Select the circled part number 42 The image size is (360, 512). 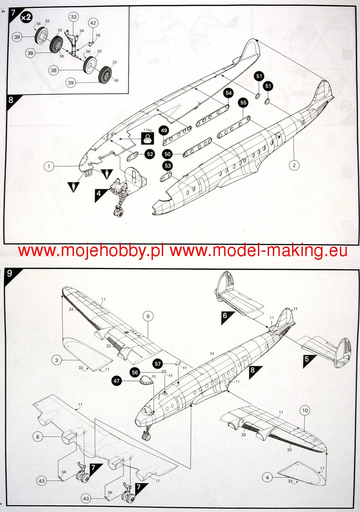pyautogui.click(x=93, y=23)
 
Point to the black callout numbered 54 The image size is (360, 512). pyautogui.click(x=228, y=93)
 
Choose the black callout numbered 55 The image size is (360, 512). pyautogui.click(x=243, y=103)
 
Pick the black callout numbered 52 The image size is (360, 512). pyautogui.click(x=149, y=154)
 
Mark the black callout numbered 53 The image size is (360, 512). pyautogui.click(x=168, y=166)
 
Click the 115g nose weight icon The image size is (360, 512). pyautogui.click(x=147, y=138)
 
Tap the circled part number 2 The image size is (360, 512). pyautogui.click(x=294, y=165)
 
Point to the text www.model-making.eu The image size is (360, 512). pyautogui.click(x=258, y=251)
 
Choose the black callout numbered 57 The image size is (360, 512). pyautogui.click(x=158, y=364)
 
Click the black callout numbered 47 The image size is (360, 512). pyautogui.click(x=129, y=381)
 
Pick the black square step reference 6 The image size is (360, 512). pyautogui.click(x=225, y=317)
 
